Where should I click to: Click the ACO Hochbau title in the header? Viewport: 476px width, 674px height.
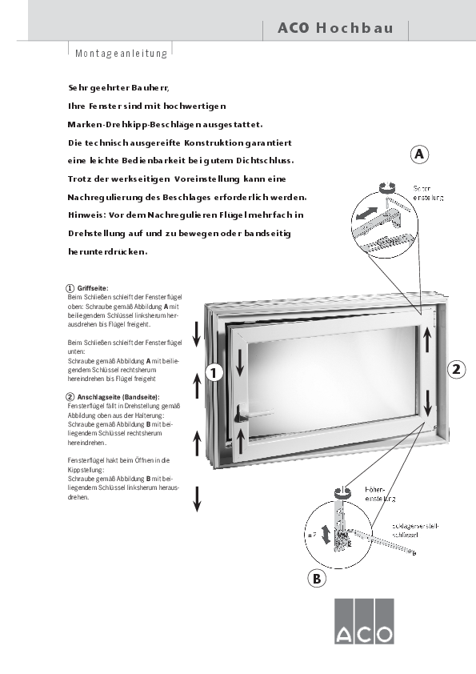click(335, 28)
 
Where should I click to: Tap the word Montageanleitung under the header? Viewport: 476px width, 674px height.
click(121, 54)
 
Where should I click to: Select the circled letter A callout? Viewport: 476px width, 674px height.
click(420, 154)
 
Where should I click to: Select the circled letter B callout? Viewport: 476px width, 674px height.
click(317, 579)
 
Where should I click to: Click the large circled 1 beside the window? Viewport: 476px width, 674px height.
click(213, 371)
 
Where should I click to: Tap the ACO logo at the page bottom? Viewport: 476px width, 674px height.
click(364, 621)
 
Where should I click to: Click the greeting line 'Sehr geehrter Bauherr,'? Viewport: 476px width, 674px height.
click(119, 86)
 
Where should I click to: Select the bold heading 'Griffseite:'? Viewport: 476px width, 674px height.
click(92, 287)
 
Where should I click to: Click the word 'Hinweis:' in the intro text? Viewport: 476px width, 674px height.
click(86, 215)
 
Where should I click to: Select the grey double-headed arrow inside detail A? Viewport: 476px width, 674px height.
click(366, 215)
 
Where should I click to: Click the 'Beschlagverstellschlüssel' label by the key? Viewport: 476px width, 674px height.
click(414, 530)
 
